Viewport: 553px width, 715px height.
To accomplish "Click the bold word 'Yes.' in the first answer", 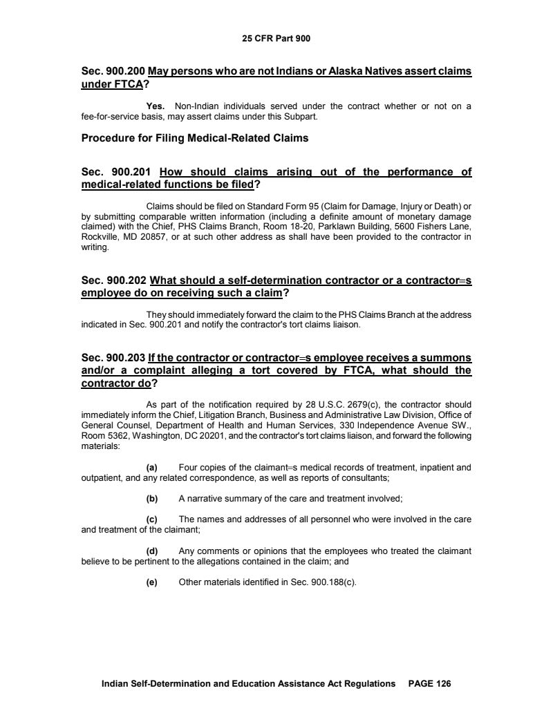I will tap(158, 106).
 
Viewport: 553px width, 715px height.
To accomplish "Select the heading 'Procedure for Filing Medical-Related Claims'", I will tap(194, 138).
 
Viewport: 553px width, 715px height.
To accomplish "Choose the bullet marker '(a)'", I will tap(151, 468).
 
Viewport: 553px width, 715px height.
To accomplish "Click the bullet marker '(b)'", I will tap(151, 499).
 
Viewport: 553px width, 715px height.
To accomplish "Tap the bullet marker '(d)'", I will tap(151, 551).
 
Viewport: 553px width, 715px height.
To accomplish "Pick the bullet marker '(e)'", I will tap(151, 582).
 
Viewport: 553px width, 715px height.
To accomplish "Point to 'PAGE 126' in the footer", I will tap(429, 684).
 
